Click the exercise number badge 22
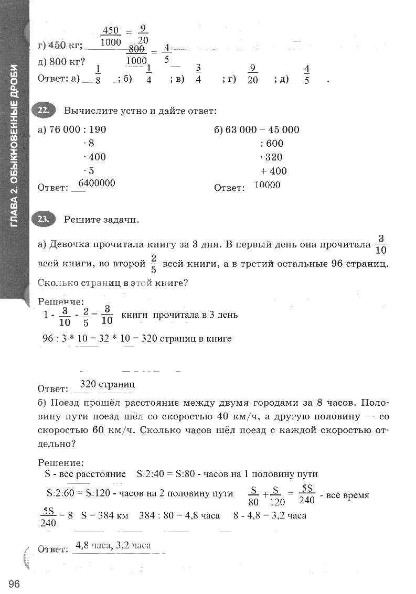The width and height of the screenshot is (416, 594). pyautogui.click(x=43, y=110)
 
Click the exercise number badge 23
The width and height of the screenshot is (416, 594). pyautogui.click(x=43, y=219)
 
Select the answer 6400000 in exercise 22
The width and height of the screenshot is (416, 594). pyautogui.click(x=97, y=183)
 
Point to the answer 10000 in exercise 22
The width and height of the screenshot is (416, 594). pyautogui.click(x=267, y=185)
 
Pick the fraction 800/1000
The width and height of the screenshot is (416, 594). pyautogui.click(x=136, y=54)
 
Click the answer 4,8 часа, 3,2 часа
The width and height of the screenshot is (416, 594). pyautogui.click(x=113, y=545)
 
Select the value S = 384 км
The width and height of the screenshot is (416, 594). pyautogui.click(x=105, y=515)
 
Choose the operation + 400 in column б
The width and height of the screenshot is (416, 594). pyautogui.click(x=273, y=171)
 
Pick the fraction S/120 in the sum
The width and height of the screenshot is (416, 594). pyautogui.click(x=276, y=496)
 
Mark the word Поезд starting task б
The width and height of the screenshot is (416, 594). pyautogui.click(x=66, y=403)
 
